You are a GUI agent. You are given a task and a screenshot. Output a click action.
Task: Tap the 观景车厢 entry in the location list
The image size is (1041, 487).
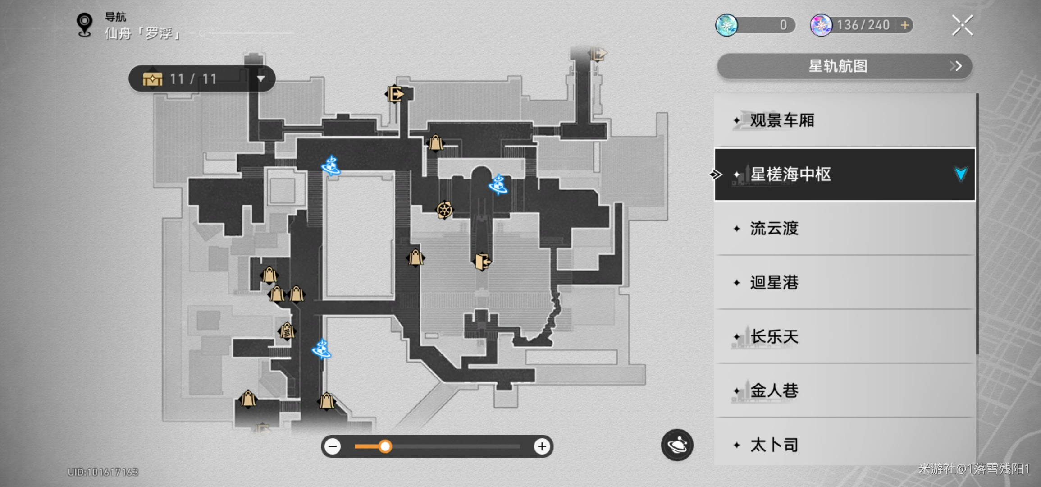(782, 120)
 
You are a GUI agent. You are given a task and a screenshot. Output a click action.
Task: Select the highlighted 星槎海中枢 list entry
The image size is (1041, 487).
(791, 174)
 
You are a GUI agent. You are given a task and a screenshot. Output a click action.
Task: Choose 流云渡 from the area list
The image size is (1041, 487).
(774, 229)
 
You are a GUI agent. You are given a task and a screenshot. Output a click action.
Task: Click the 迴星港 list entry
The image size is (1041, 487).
(774, 283)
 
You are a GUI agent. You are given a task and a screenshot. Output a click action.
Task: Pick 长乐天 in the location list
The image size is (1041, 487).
(774, 337)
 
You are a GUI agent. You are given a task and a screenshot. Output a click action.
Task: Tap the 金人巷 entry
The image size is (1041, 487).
(774, 391)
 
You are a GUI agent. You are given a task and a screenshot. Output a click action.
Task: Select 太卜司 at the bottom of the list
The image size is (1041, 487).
(774, 445)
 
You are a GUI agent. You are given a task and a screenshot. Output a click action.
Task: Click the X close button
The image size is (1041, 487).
(962, 25)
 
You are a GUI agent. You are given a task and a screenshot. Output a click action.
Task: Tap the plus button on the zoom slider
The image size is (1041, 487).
(542, 446)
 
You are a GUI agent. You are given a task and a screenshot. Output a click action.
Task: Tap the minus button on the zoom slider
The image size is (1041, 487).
(333, 446)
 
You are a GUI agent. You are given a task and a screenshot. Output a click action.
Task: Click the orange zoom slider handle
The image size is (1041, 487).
(385, 446)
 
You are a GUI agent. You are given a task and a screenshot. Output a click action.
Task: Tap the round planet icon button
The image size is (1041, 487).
(677, 445)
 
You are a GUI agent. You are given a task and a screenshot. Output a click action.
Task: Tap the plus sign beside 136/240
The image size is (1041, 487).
(905, 25)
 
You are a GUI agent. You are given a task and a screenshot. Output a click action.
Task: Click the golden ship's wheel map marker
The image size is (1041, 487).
(444, 210)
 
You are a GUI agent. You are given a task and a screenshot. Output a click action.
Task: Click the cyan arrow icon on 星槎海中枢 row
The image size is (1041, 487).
(960, 174)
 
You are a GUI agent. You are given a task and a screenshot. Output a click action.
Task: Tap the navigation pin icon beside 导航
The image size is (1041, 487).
(84, 24)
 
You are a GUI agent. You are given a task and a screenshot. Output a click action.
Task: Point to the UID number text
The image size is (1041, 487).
(103, 472)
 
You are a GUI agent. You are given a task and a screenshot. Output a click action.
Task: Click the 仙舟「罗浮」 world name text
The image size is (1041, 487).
(142, 33)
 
